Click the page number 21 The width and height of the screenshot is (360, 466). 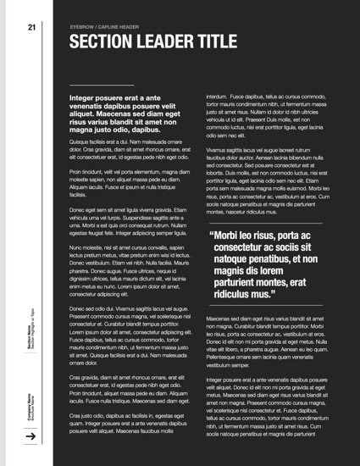[x=31, y=26]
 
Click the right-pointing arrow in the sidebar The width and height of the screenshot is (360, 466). [x=30, y=436]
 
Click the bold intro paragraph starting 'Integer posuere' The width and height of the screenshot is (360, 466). [x=128, y=114]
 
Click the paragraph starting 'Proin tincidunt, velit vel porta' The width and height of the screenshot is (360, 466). [x=128, y=183]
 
